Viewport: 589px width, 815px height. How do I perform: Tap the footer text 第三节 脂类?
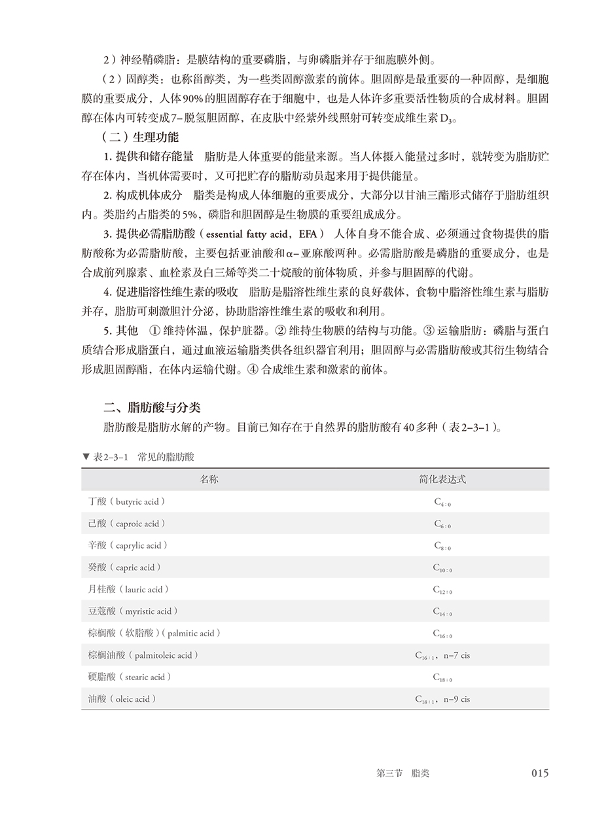(x=403, y=773)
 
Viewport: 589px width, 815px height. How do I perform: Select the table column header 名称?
(x=209, y=479)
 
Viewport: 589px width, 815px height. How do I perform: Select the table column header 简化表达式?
(x=442, y=479)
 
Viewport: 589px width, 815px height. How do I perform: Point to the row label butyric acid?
(x=126, y=501)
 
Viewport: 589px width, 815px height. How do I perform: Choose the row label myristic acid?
(x=133, y=611)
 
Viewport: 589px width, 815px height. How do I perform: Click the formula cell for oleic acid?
(x=442, y=699)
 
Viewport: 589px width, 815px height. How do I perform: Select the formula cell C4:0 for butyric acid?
(x=442, y=502)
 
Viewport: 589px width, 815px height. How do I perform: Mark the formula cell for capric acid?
(x=442, y=568)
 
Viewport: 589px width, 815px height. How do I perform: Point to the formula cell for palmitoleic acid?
(x=442, y=655)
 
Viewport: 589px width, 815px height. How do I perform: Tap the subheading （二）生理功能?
(x=140, y=138)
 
